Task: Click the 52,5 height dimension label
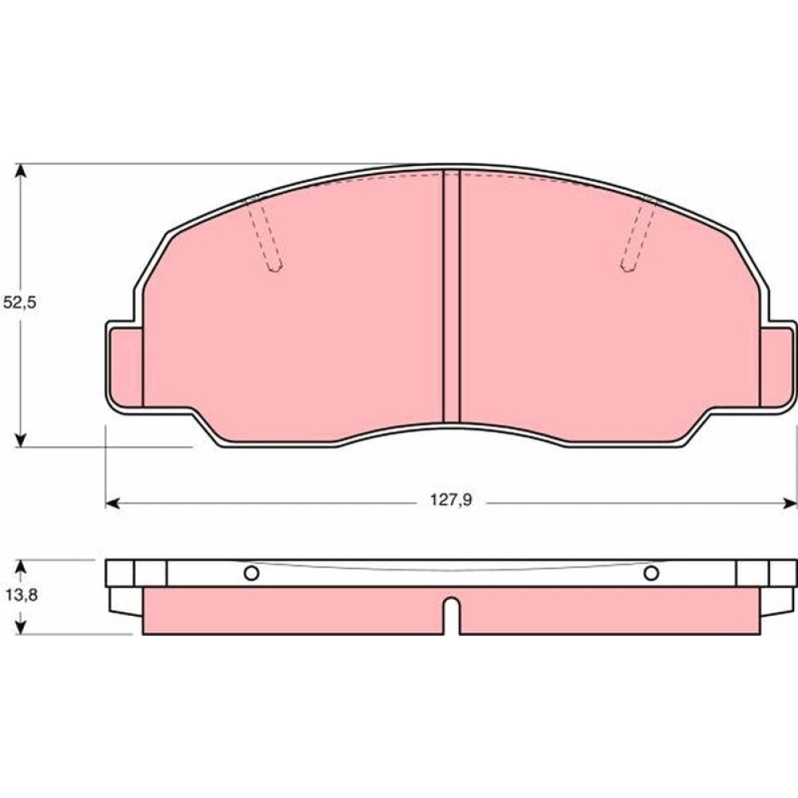[20, 302]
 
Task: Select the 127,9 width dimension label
[452, 500]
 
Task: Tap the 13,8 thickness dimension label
[22, 595]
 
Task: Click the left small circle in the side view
[251, 574]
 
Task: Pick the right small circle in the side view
[651, 574]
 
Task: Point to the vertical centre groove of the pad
[452, 296]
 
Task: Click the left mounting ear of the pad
[125, 366]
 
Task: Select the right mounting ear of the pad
[777, 366]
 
